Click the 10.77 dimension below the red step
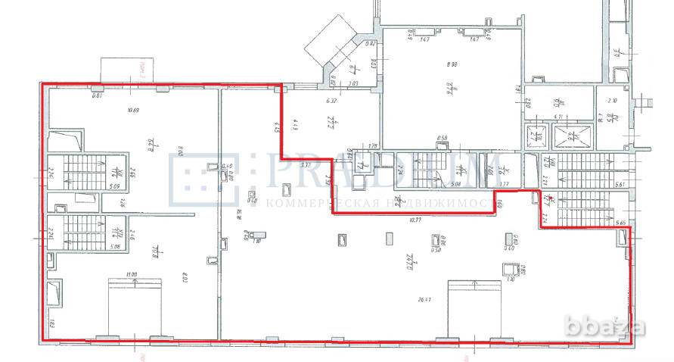click(412, 220)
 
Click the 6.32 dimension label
click(331, 101)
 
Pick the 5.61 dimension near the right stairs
click(621, 184)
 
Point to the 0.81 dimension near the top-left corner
click(97, 95)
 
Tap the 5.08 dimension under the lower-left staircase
click(93, 245)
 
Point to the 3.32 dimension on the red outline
click(306, 164)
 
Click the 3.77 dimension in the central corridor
click(505, 183)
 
